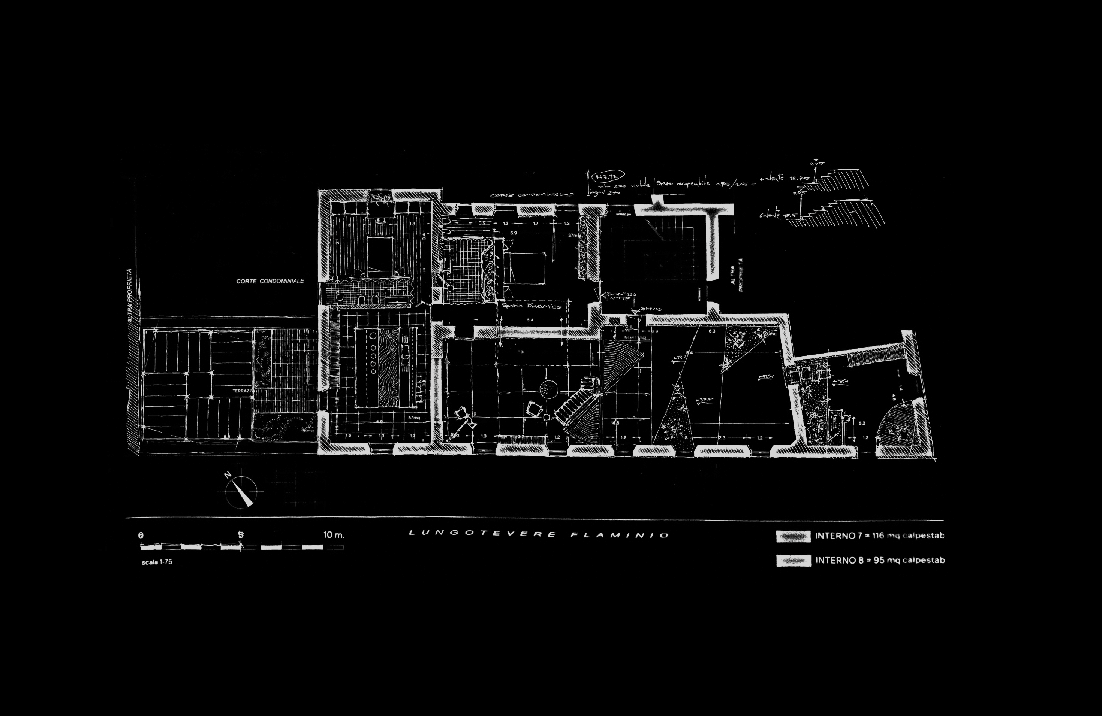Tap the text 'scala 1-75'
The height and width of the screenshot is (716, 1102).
point(157,562)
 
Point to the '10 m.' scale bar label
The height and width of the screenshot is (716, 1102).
point(333,535)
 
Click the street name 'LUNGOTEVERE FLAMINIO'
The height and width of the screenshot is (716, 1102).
point(539,534)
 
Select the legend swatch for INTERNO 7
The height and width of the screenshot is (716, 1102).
point(793,536)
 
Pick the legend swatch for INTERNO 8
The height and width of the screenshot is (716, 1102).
point(793,561)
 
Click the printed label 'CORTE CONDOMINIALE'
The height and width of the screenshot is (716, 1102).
point(270,281)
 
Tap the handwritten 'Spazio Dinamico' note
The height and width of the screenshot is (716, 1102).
point(532,306)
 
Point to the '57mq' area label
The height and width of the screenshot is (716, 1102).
point(413,418)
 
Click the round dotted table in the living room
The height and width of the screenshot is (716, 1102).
point(548,389)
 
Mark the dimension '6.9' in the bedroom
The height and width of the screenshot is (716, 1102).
point(514,233)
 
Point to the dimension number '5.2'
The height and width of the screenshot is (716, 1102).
point(862,423)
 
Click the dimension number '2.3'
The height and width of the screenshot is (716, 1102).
point(722,437)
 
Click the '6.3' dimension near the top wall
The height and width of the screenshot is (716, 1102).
point(712,331)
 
